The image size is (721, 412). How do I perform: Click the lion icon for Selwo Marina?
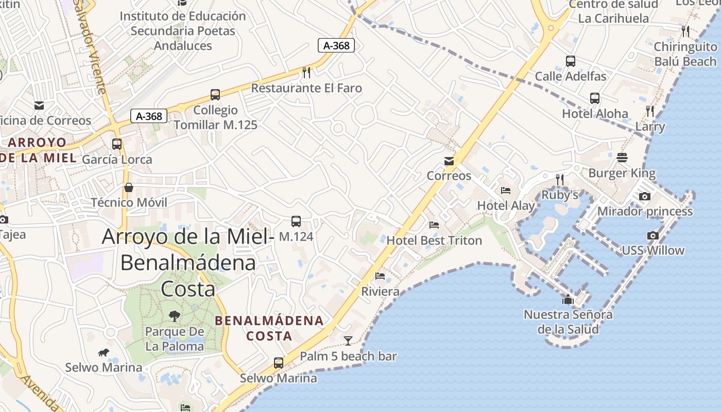tap(104, 353)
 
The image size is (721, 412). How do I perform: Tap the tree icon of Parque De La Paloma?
tap(175, 316)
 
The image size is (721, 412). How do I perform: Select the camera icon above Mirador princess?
tap(644, 196)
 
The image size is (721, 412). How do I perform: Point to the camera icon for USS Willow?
tap(653, 235)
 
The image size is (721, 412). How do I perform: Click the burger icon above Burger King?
tap(622, 158)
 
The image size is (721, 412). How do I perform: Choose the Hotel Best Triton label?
tap(434, 241)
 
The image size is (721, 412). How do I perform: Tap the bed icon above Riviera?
tap(380, 276)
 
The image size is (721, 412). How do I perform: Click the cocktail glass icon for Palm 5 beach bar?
tap(348, 340)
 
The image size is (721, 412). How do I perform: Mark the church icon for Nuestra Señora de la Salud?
tap(568, 299)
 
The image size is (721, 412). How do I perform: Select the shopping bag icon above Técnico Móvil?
tap(129, 187)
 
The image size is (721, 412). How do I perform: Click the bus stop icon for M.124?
tap(296, 221)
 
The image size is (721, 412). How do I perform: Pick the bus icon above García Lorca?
tap(117, 144)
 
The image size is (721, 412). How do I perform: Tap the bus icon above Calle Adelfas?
tap(570, 61)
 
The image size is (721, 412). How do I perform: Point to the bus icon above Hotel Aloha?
tap(595, 98)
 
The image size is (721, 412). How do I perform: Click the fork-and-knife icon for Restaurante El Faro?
tap(306, 72)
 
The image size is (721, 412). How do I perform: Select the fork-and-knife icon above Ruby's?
tap(560, 179)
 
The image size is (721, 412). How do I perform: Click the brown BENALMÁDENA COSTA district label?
tap(269, 328)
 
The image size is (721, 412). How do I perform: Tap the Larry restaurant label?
tap(650, 126)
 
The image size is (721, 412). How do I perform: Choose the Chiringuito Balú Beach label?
tap(685, 54)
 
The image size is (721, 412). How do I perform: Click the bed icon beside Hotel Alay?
tap(506, 191)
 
